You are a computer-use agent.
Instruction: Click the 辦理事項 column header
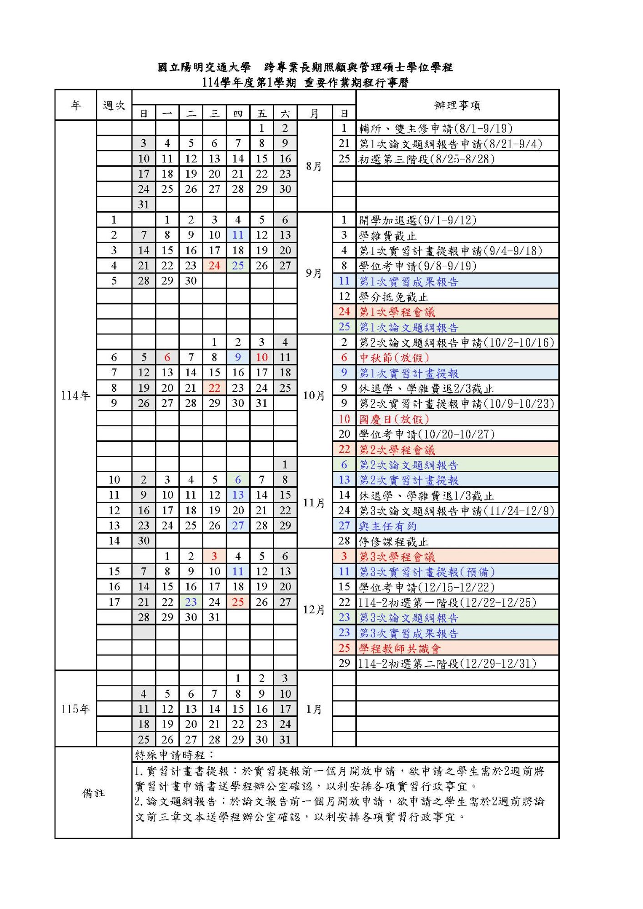[x=457, y=105]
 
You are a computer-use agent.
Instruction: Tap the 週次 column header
[x=114, y=105]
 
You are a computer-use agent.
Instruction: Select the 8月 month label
[x=314, y=166]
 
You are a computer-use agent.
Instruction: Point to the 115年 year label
[x=75, y=709]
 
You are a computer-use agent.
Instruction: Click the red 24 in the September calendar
[x=214, y=266]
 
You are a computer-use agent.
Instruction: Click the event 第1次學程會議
[x=397, y=312]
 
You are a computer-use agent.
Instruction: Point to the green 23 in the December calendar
[x=191, y=602]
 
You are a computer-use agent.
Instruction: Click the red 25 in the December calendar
[x=238, y=602]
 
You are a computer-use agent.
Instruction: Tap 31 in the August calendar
[x=144, y=205]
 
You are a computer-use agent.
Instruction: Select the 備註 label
[x=93, y=793]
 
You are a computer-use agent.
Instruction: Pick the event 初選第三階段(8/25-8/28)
[x=427, y=159]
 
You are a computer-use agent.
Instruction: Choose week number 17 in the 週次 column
[x=114, y=602]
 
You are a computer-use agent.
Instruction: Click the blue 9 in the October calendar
[x=238, y=357]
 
